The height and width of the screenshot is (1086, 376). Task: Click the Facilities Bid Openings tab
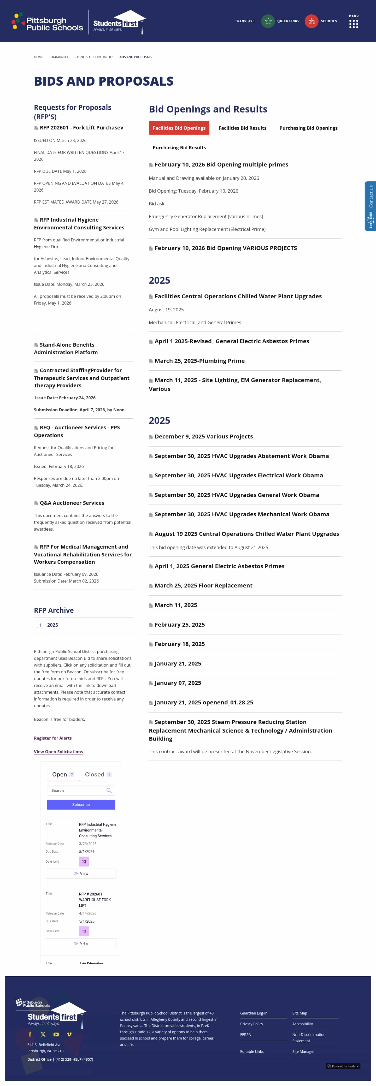179,128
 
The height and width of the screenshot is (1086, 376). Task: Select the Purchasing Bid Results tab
179,147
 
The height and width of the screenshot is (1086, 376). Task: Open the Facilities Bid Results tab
242,128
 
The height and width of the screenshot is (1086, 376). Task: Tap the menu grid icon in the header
354,24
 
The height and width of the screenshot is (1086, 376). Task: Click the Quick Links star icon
268,21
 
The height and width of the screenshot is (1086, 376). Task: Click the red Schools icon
312,21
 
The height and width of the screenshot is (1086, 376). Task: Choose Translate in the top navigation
245,21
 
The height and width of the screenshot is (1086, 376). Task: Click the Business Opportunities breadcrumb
93,57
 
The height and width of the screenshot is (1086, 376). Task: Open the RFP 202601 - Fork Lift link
81,128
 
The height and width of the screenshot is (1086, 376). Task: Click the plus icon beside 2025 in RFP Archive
40,625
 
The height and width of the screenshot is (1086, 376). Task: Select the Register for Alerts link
53,738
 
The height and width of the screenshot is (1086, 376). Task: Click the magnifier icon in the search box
109,791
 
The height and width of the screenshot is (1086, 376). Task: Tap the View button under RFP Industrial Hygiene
81,874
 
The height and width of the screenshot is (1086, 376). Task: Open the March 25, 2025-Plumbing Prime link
199,361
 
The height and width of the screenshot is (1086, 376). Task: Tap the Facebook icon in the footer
30,1034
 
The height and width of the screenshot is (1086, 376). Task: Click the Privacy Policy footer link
251,1024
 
